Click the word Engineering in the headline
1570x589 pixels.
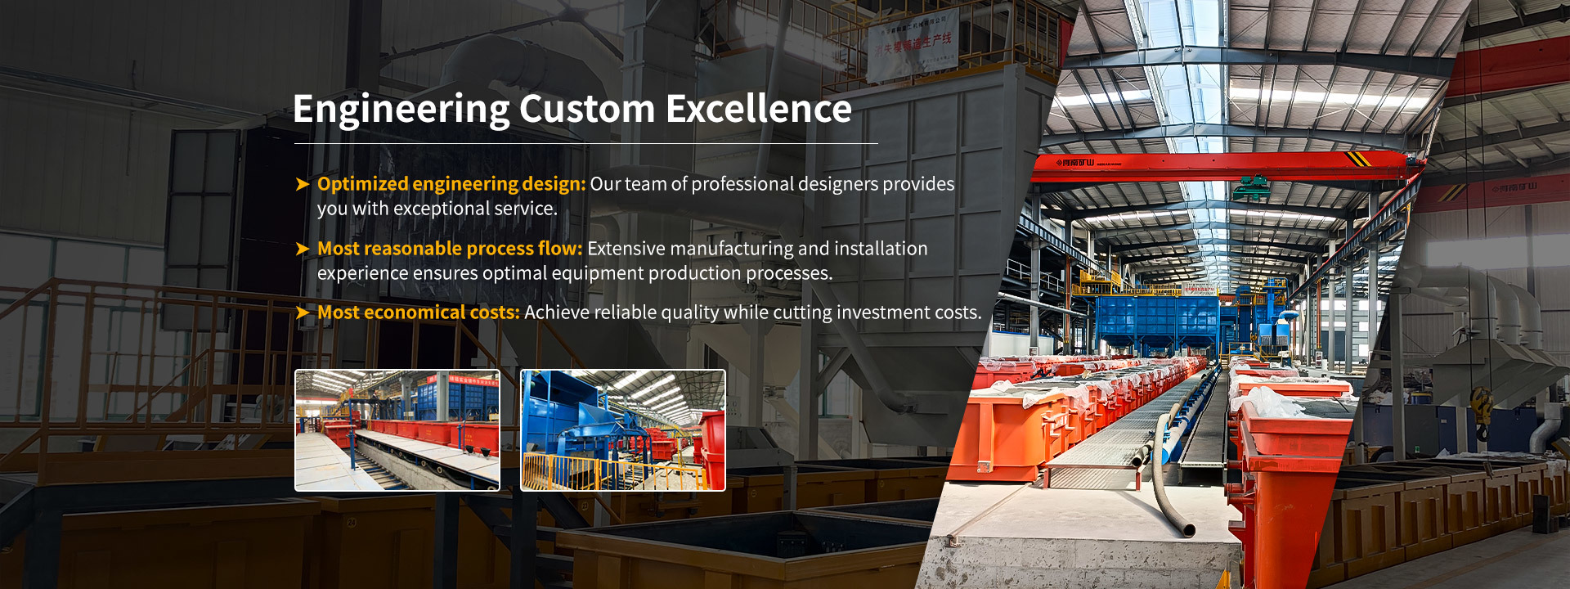401,110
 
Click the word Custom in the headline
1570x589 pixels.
587,110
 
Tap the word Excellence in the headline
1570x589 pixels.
759,110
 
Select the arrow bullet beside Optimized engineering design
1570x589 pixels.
303,184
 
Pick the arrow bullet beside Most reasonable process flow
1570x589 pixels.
303,249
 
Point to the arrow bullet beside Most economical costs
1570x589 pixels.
303,312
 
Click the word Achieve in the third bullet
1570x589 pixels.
552,312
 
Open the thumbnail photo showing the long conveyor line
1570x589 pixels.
397,430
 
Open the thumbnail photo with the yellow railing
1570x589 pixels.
623,430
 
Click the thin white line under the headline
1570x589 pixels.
585,144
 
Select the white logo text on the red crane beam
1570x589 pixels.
1076,163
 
